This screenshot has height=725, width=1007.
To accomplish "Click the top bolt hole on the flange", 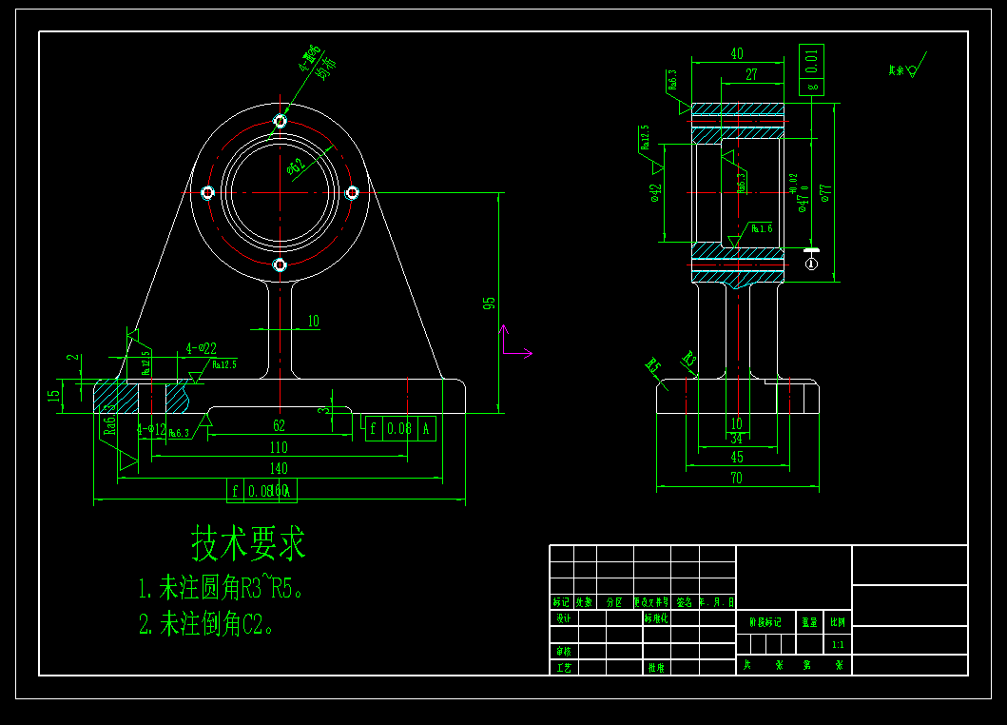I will pyautogui.click(x=280, y=121).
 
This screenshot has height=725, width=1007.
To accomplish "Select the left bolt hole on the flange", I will pyautogui.click(x=208, y=192).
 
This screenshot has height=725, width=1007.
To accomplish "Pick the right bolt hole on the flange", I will pyautogui.click(x=351, y=192).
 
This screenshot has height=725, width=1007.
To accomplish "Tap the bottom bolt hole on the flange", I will pyautogui.click(x=280, y=265).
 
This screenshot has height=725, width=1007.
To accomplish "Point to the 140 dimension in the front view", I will pyautogui.click(x=279, y=468).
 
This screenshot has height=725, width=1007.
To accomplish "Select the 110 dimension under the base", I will pyautogui.click(x=279, y=447).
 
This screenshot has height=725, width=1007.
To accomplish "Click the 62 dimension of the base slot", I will pyautogui.click(x=279, y=426).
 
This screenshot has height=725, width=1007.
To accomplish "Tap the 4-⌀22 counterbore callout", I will pyautogui.click(x=201, y=349).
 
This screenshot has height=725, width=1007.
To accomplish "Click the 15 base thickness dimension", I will pyautogui.click(x=54, y=392).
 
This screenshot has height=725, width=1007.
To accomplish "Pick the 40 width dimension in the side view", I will pyautogui.click(x=737, y=54).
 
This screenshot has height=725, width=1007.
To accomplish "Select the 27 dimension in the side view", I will pyautogui.click(x=751, y=74).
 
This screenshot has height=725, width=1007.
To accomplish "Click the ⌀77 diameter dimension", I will pyautogui.click(x=825, y=194).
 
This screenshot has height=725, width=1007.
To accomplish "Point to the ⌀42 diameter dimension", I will pyautogui.click(x=655, y=194).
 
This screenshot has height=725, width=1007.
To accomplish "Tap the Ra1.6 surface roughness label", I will pyautogui.click(x=762, y=228).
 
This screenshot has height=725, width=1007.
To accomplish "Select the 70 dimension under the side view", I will pyautogui.click(x=737, y=479).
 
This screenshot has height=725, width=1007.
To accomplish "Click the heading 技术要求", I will pyautogui.click(x=249, y=544).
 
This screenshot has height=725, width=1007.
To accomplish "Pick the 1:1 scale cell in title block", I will pyautogui.click(x=837, y=645).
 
